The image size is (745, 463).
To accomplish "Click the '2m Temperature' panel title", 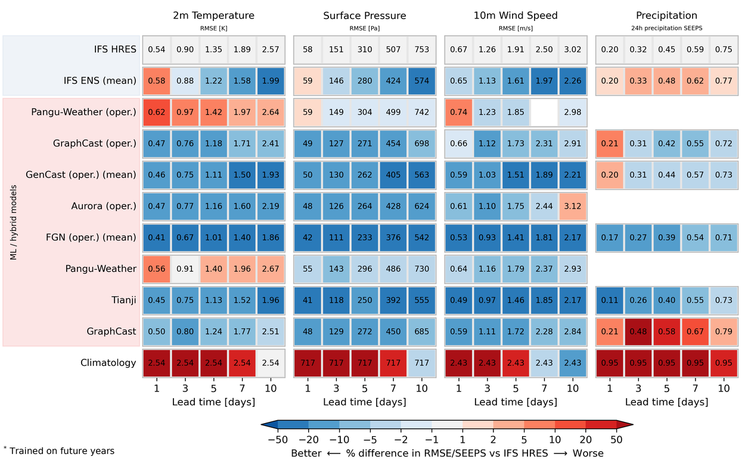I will [213, 15].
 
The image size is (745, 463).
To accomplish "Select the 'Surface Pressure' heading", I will [365, 15].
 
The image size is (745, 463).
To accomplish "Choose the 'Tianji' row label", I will [124, 300].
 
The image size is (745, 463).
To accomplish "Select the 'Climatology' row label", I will [108, 362].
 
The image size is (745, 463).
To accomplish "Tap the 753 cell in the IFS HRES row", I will [421, 49].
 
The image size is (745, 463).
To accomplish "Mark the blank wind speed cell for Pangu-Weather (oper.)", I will [544, 112].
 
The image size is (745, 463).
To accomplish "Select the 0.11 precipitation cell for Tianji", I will [609, 300].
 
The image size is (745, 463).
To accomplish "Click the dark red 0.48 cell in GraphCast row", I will [638, 331].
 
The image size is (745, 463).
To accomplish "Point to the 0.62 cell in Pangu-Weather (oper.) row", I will [157, 112].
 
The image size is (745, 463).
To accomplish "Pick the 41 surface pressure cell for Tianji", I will [308, 300].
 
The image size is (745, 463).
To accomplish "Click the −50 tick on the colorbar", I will [278, 440].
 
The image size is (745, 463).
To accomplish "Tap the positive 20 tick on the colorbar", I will [585, 440].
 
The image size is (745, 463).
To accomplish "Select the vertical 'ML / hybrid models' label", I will [13, 222].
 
